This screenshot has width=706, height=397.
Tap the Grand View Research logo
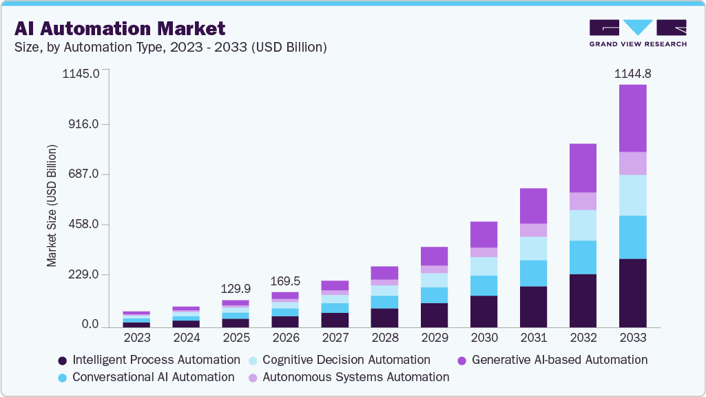coord(637,32)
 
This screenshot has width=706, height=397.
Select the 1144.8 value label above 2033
coord(632,73)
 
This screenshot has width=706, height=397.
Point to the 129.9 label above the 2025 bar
coord(235,289)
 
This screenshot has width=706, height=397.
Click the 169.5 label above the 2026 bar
coord(284,281)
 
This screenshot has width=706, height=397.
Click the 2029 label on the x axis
coord(433,338)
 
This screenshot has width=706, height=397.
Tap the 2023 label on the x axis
coord(136,338)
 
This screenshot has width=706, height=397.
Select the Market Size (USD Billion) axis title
coord(52,206)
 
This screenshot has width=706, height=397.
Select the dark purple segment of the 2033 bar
coord(632,293)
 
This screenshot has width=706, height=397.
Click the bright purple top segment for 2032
coord(583,167)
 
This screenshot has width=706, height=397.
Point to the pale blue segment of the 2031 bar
coord(533,248)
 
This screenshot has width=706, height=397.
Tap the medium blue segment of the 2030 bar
coord(484,285)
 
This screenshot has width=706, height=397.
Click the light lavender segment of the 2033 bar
coord(632,163)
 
